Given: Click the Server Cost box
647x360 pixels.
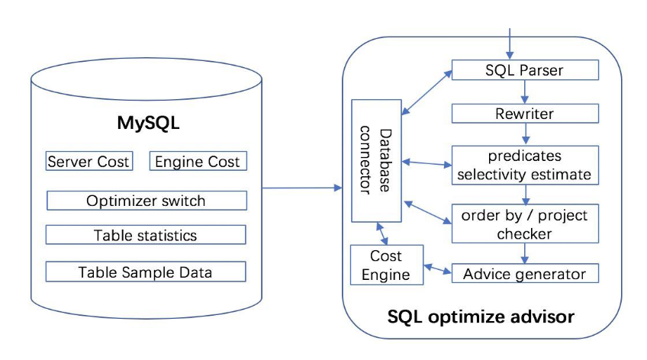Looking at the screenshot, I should coord(89,162).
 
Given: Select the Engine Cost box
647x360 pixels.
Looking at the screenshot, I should coord(198,162).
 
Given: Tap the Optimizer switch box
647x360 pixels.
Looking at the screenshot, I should coord(146,201).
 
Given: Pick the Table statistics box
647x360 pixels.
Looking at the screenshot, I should coord(146,235).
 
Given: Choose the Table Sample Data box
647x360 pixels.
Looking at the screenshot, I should coord(146,272).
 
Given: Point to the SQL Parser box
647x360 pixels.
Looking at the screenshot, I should coord(525,70).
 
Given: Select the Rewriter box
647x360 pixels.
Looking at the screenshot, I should coord(525,114).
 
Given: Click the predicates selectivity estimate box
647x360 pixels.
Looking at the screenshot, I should coord(525,165).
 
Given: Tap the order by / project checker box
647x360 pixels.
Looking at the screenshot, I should coord(525,224).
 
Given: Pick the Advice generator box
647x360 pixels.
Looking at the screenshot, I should coord(525,273).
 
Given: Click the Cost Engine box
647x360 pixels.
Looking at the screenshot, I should coord(386,265).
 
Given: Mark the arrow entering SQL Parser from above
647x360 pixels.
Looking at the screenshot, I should coord(509,42).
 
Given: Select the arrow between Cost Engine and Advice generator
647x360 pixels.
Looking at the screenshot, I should coord(438,269).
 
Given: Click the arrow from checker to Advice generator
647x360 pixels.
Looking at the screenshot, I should coord(525,253).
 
